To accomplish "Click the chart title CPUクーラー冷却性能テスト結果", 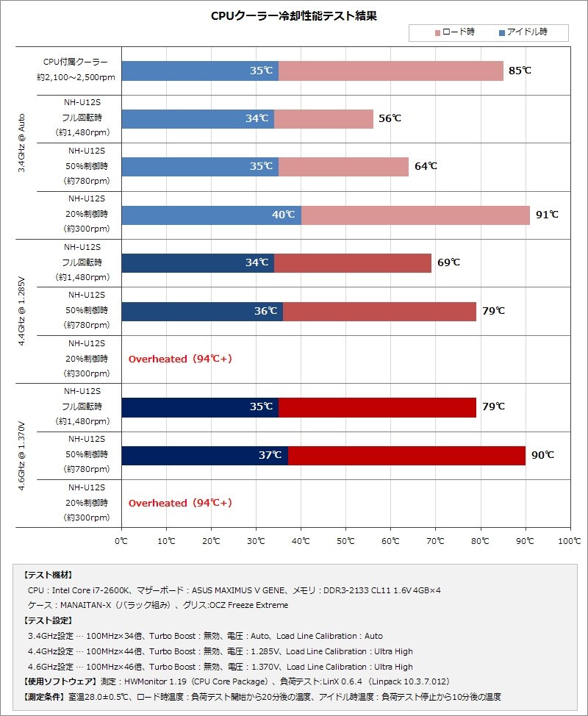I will point(294,15).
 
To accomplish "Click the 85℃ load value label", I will point(520,71).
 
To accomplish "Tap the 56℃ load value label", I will point(390,118).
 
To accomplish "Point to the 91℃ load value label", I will point(547,215).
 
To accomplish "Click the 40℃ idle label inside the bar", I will point(283,215).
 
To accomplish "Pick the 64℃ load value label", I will point(426,166).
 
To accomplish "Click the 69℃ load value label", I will point(448,262).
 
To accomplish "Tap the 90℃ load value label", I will point(542,455).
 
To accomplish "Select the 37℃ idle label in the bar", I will point(270,455).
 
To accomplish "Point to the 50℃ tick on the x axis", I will point(345,541).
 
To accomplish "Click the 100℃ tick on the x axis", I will point(569,541).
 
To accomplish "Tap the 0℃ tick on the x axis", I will point(121,541).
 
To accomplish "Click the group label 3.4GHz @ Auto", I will point(22,143).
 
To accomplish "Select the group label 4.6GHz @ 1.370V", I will point(22,455).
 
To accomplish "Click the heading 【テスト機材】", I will point(49,575).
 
